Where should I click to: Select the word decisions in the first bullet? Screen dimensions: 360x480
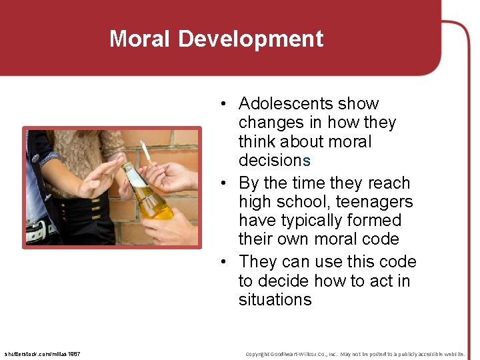click(275, 161)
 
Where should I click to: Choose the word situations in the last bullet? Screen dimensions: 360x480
click(275, 300)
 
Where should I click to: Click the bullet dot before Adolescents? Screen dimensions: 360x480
click(227, 104)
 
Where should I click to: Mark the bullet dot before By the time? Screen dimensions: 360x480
click(227, 183)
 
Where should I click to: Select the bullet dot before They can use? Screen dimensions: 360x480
click(227, 262)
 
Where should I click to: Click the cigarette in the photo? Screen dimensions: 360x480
click(145, 151)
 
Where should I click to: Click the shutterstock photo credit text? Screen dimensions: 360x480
click(42, 353)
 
